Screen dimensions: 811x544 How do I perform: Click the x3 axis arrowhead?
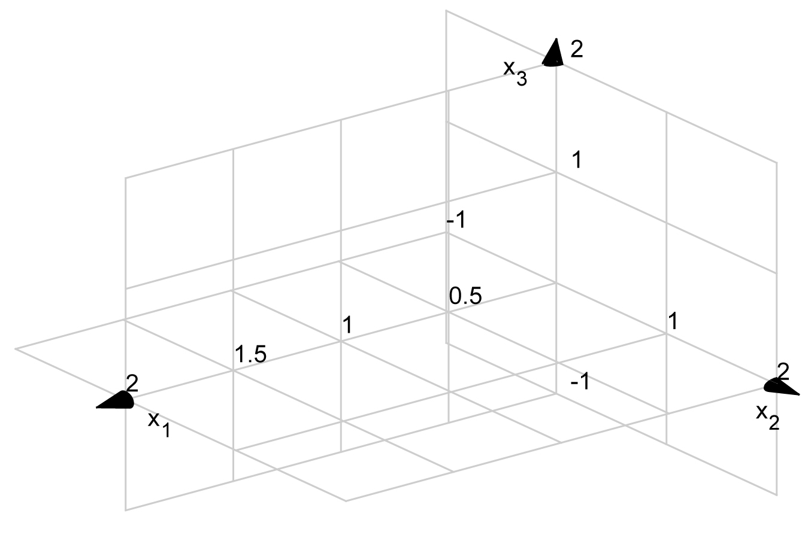[x=554, y=53]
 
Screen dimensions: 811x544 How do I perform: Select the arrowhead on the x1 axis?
[x=116, y=401]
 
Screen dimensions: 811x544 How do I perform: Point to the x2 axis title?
[x=767, y=415]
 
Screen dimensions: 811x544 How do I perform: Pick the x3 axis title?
[x=515, y=72]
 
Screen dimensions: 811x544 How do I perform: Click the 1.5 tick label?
[x=250, y=355]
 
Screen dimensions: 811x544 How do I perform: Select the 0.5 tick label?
[x=465, y=296]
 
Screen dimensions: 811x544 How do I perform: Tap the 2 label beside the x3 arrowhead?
[x=576, y=49]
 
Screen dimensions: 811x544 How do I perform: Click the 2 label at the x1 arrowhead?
[x=132, y=383]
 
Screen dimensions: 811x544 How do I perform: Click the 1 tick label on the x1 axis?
[x=347, y=326]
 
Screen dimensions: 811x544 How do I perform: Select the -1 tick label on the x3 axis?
[x=455, y=221]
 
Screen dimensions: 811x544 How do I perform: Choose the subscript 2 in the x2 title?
[x=773, y=423]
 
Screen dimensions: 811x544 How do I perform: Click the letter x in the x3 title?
[x=509, y=68]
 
